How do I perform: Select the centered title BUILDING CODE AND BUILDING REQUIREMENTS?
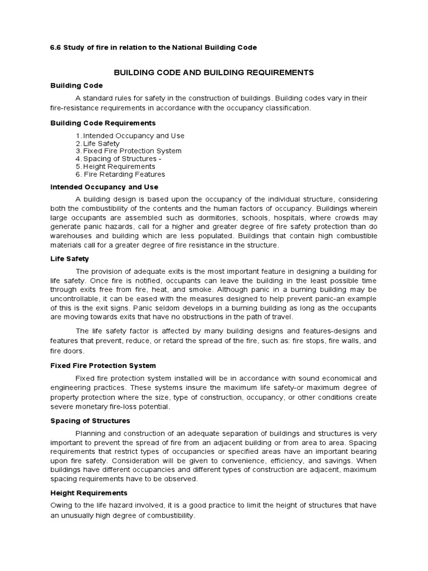(214, 72)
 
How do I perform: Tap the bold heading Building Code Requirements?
(103, 123)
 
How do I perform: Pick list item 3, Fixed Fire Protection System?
(132, 151)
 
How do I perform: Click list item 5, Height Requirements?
(119, 166)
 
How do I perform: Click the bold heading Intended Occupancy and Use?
(104, 187)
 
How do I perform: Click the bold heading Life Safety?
(70, 259)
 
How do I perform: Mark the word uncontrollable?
(76, 299)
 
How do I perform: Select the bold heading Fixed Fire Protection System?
(103, 365)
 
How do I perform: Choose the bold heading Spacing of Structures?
(90, 420)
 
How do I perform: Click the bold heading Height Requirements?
(89, 493)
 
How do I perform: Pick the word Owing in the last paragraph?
(61, 505)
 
